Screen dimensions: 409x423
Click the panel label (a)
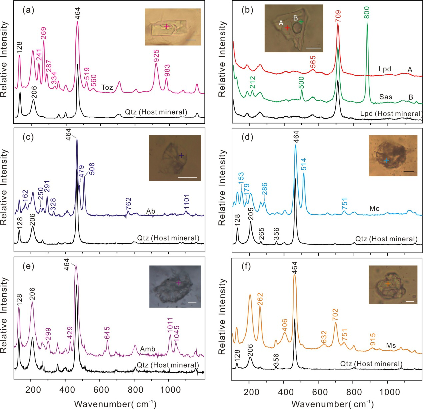click(x=28, y=10)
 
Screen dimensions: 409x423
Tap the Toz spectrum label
click(x=107, y=87)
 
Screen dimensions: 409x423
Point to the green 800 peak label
click(x=367, y=12)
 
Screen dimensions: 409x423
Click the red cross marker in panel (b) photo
click(x=287, y=28)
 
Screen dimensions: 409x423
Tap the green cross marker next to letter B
click(x=301, y=22)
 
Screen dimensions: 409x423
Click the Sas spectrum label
click(x=386, y=97)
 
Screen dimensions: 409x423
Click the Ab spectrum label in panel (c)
click(x=151, y=211)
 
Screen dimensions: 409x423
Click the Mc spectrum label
click(x=374, y=208)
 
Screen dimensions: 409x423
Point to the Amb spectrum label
click(x=147, y=349)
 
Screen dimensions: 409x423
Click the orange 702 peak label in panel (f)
click(x=335, y=315)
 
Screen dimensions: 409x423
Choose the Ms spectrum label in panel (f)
click(x=391, y=345)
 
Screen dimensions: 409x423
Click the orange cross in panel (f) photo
click(x=388, y=284)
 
